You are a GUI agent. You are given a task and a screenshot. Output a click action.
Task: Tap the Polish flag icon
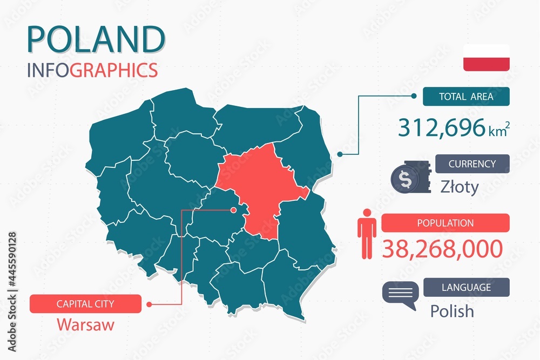click(486, 58)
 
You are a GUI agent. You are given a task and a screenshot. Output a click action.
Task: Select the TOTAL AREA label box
click(465, 97)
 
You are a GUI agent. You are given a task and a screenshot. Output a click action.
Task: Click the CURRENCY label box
click(472, 164)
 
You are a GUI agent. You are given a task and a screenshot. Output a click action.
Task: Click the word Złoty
click(460, 187)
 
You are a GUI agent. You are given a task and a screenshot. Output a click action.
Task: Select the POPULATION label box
click(445, 223)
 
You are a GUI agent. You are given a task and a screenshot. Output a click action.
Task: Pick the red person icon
click(367, 233)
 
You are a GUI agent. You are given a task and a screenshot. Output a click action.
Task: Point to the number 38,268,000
click(442, 248)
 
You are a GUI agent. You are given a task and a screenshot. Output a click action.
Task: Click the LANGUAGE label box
click(466, 287)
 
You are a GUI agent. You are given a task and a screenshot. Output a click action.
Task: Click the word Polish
click(452, 311)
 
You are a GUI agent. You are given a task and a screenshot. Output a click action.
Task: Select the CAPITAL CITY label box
click(86, 304)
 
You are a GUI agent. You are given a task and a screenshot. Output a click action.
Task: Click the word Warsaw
click(85, 325)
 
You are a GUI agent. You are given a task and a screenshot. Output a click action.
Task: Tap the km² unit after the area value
click(500, 130)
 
